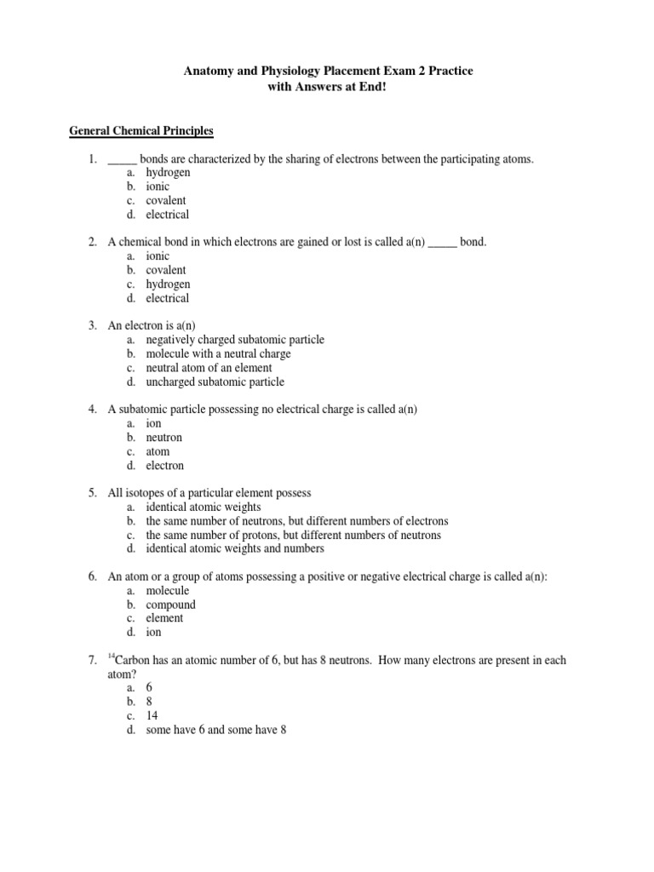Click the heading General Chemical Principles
[141, 131]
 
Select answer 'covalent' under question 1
[165, 200]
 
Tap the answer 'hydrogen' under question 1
[168, 173]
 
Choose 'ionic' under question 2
[158, 256]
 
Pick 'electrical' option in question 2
[167, 298]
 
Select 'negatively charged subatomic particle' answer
[234, 340]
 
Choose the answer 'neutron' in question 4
[163, 438]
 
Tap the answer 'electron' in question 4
[164, 466]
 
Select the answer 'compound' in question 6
[170, 605]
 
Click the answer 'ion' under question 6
[153, 633]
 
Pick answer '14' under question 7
[152, 716]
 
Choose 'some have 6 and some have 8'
[215, 730]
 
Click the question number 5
[92, 493]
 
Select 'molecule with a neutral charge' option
[218, 353]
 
